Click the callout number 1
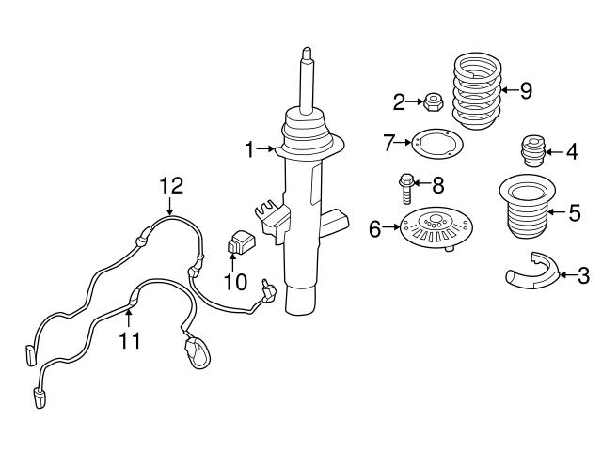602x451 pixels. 250,149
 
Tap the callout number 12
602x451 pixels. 168,186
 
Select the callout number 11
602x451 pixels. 130,339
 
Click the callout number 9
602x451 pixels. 525,91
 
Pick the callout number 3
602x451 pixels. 583,275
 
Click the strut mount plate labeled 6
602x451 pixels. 434,228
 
